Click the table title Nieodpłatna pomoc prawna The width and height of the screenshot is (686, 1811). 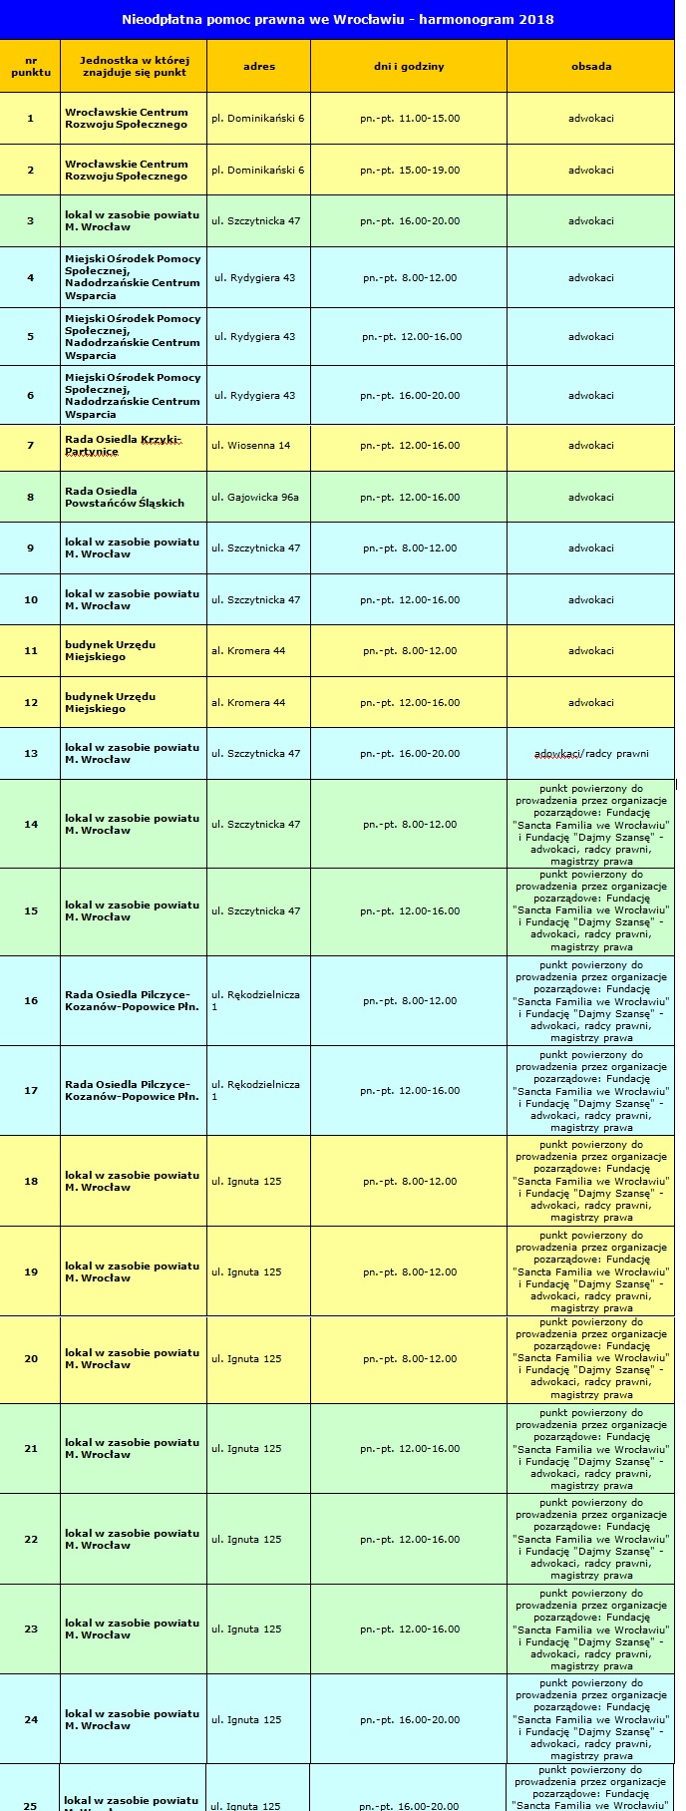tap(337, 19)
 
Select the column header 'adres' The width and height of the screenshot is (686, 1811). tap(259, 66)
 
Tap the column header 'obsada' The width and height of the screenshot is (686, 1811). tap(591, 66)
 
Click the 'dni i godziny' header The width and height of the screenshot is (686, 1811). tap(409, 66)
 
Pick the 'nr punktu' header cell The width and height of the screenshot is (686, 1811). tap(31, 66)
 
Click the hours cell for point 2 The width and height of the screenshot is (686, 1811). tap(410, 170)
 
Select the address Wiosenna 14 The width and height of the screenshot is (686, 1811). tap(251, 446)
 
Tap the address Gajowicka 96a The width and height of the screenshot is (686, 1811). tap(255, 497)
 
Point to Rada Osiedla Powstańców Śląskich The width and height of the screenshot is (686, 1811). tap(125, 497)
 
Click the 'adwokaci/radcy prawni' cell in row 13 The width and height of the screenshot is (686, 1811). tap(591, 754)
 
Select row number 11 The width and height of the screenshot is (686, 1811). tap(31, 651)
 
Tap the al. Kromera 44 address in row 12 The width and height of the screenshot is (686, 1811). tap(248, 703)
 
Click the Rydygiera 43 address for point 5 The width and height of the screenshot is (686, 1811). tap(255, 337)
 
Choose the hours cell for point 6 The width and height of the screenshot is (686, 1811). tap(410, 396)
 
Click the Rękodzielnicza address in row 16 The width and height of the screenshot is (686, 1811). tap(255, 1000)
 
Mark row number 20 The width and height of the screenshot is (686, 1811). tap(31, 1359)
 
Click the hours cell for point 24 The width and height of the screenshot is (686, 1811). tap(410, 1720)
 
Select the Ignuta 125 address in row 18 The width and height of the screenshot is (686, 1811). tap(246, 1182)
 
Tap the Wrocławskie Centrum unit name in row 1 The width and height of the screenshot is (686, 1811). tap(127, 119)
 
